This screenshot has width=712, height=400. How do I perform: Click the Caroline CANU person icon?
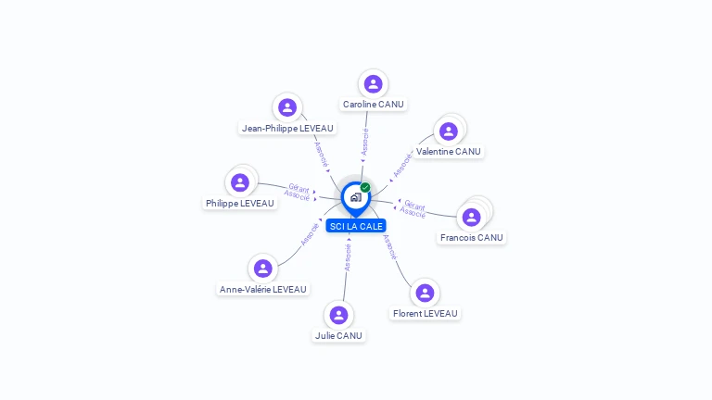tap(373, 84)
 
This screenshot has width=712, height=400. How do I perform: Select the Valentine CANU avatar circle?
tap(449, 131)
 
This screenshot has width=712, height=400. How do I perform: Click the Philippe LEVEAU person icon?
tap(240, 182)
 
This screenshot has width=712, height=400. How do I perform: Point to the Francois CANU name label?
tap(471, 238)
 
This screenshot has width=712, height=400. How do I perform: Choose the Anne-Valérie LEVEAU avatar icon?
tap(263, 269)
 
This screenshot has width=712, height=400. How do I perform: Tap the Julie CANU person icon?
tap(338, 315)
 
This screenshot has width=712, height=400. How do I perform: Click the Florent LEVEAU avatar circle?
tap(425, 293)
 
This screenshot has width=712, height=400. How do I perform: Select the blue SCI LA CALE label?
tap(356, 226)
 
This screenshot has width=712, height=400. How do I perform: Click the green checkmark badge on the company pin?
tap(365, 188)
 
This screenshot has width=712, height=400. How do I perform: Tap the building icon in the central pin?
tap(355, 197)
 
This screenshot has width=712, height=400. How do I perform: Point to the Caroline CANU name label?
tap(373, 105)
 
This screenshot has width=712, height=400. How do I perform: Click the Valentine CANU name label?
tap(449, 152)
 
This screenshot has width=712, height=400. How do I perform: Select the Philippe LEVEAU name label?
tap(240, 204)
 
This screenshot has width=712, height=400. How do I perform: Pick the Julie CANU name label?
tap(338, 336)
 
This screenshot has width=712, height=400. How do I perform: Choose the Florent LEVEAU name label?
tap(425, 314)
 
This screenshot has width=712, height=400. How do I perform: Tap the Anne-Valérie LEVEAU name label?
tap(263, 290)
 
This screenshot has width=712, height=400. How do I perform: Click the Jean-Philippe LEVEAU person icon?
tap(287, 107)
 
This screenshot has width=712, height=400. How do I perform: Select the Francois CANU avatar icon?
tap(471, 218)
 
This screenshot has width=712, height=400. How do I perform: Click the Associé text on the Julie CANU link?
tap(348, 256)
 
